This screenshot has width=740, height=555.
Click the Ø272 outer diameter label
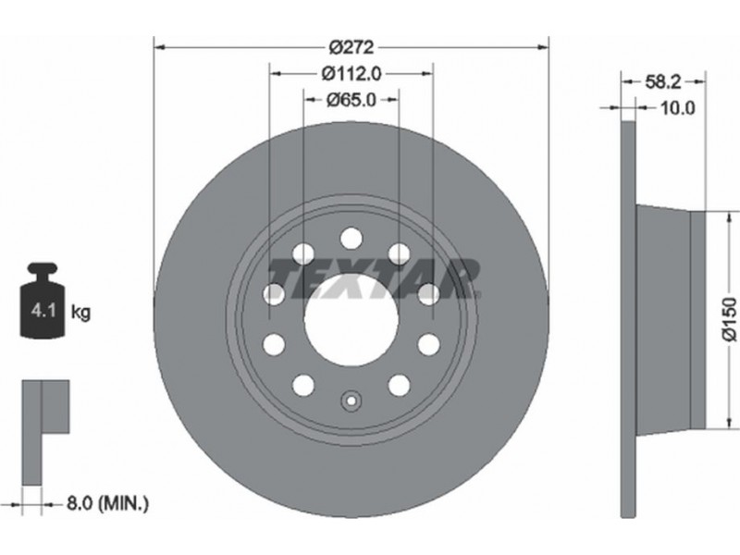(x=351, y=47)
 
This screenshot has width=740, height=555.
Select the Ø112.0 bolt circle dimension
(x=351, y=74)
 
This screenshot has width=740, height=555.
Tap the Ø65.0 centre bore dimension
(x=351, y=100)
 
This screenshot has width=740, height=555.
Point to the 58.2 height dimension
(x=663, y=82)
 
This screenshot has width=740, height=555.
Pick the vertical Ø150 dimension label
(x=730, y=319)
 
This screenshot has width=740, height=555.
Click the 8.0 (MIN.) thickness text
(x=107, y=504)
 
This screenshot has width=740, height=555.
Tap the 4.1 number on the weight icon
(x=43, y=311)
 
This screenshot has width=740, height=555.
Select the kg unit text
(x=80, y=312)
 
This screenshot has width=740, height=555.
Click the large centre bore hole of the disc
(x=351, y=320)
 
